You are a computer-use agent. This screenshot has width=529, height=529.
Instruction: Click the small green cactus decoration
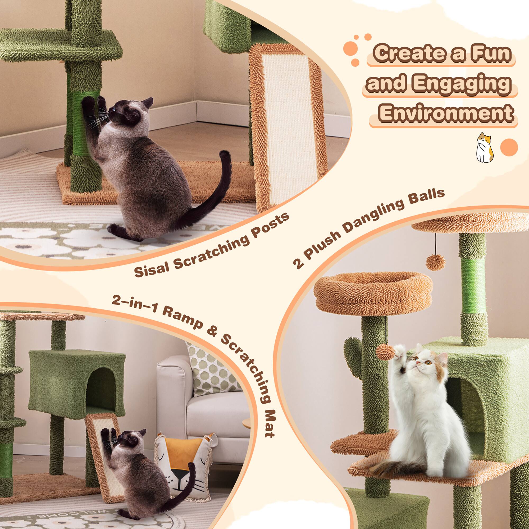click(x=353, y=353)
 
